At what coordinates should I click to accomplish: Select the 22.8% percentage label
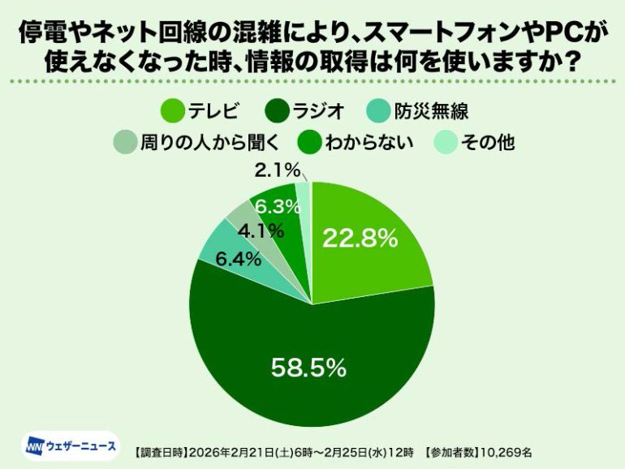(360, 238)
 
